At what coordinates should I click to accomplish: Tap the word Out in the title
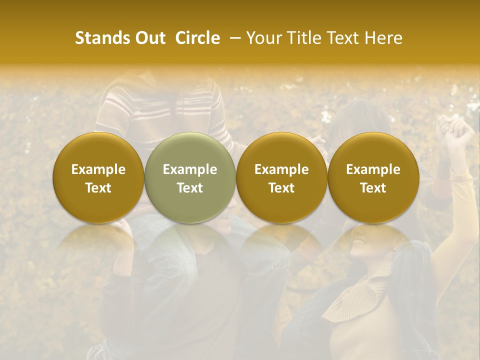149,38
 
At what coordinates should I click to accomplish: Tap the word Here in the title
383,38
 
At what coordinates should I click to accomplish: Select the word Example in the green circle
190,169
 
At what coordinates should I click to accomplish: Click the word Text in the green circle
190,188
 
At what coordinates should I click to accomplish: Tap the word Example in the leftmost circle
98,169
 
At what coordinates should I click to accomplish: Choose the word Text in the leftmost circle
98,188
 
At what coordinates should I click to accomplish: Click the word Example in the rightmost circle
373,169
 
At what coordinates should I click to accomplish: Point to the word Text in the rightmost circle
373,188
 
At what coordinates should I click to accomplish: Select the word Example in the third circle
281,169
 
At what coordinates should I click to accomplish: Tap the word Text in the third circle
281,188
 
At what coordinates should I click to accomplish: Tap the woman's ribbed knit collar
360,295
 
